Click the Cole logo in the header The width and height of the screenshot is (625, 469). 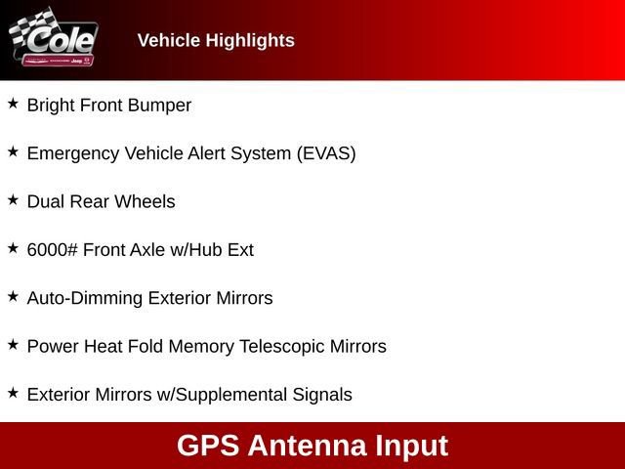(x=54, y=40)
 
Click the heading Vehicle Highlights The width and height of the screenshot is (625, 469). (x=216, y=40)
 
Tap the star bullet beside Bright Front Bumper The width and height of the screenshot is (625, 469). (x=13, y=104)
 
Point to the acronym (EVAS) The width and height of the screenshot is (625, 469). (x=326, y=153)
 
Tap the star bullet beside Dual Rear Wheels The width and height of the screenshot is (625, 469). (x=13, y=199)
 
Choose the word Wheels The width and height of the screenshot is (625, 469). (x=145, y=201)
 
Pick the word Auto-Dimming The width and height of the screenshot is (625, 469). (x=84, y=298)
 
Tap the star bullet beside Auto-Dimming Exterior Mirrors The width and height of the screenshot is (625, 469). (x=13, y=296)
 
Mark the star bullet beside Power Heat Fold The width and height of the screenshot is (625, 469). (x=13, y=344)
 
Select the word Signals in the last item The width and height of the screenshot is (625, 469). (x=322, y=395)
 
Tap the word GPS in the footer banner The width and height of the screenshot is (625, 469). (x=208, y=446)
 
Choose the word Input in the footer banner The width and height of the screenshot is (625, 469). (x=411, y=447)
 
